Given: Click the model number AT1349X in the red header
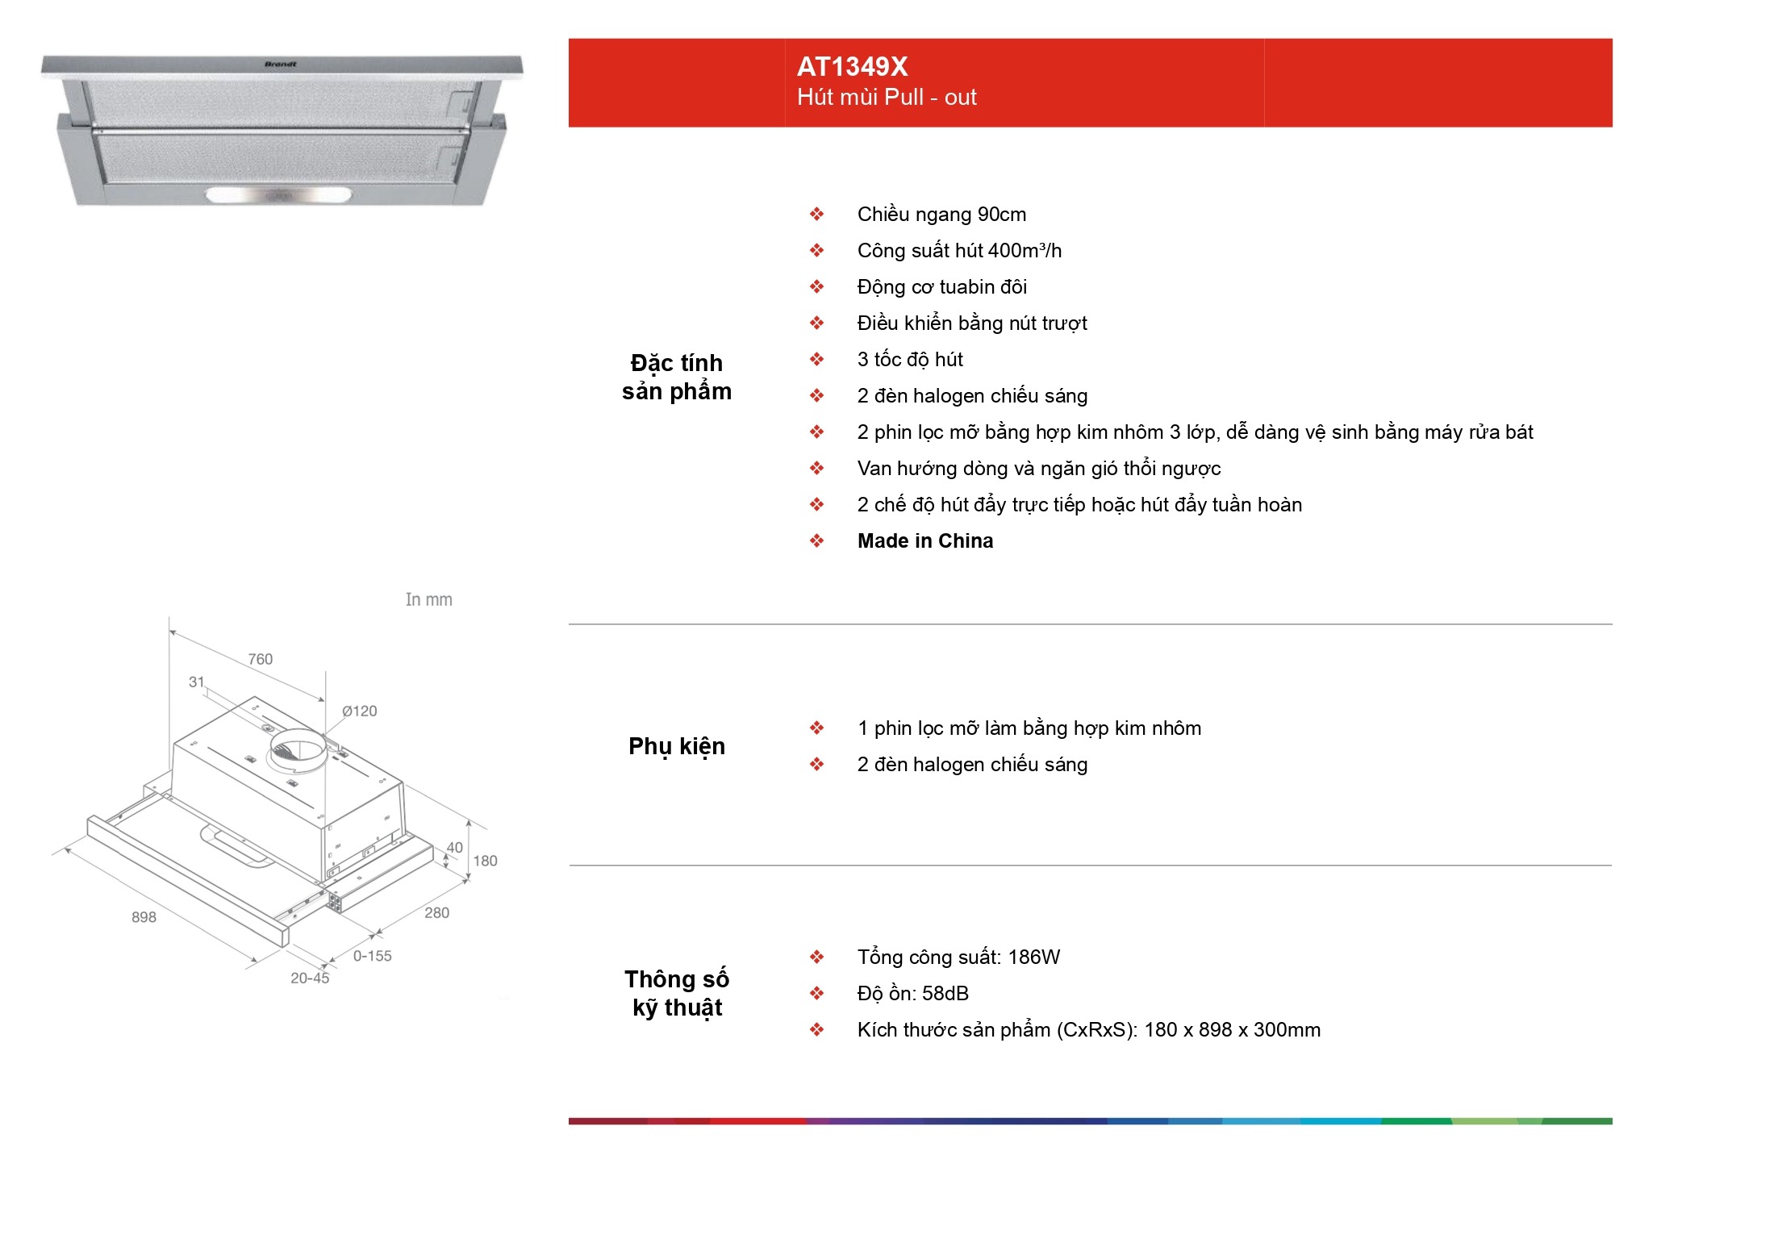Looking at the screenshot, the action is tap(852, 66).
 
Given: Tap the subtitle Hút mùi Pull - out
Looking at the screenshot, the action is tap(887, 98).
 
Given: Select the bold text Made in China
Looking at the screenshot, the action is tap(925, 540).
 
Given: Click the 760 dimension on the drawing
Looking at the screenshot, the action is tap(260, 659).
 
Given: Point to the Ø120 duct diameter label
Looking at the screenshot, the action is tap(359, 711).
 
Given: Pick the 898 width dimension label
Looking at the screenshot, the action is tap(144, 917).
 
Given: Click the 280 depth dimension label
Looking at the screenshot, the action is tap(436, 912).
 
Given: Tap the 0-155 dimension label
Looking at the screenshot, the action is tap(372, 956).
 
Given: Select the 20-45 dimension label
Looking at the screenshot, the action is tap(310, 978).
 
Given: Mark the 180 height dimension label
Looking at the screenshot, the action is tap(485, 861).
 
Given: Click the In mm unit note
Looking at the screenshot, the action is tap(428, 599).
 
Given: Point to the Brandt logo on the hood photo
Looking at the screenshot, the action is tap(281, 64).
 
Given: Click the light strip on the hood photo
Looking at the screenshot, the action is tap(278, 194).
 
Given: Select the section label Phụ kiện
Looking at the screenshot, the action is tap(677, 747).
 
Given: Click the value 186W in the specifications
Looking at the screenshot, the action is tap(1034, 957).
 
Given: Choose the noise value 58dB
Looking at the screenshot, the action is tap(945, 993).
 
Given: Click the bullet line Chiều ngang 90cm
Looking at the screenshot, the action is tap(941, 215).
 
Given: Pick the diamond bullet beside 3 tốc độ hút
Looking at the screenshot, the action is tap(817, 359).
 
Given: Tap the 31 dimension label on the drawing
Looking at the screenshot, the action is tap(197, 682).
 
